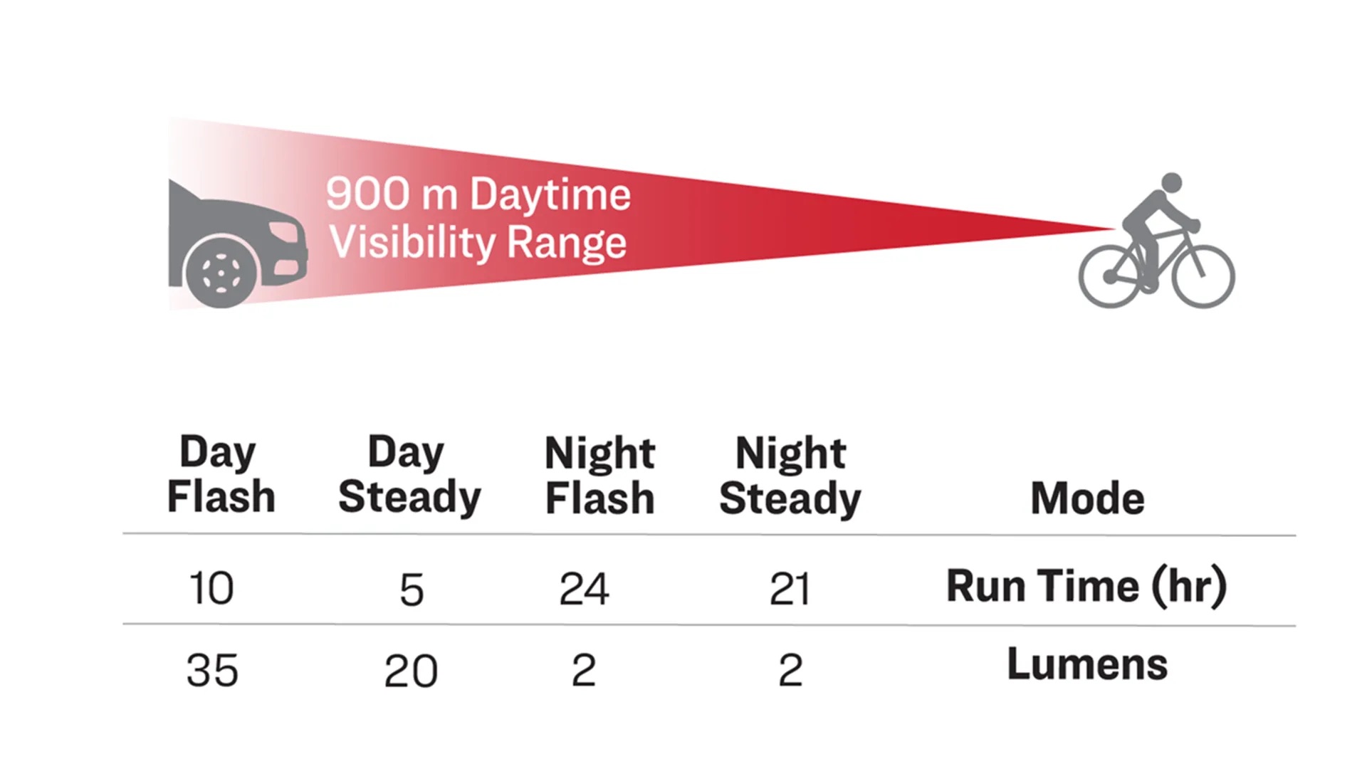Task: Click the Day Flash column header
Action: pyautogui.click(x=221, y=474)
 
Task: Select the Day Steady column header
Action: pyautogui.click(x=409, y=474)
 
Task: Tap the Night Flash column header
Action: pyautogui.click(x=599, y=475)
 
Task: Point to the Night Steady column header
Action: pyautogui.click(x=790, y=475)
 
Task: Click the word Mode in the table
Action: pyautogui.click(x=1087, y=498)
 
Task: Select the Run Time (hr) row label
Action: pyautogui.click(x=1086, y=587)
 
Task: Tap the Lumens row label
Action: pyautogui.click(x=1087, y=664)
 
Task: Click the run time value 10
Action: pyautogui.click(x=211, y=589)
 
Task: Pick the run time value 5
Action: pyautogui.click(x=412, y=590)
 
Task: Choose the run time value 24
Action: pyautogui.click(x=584, y=589)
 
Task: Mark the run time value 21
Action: pyautogui.click(x=790, y=590)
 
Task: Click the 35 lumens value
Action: pyautogui.click(x=212, y=671)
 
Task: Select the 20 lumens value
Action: pyautogui.click(x=411, y=671)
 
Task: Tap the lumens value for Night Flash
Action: pyautogui.click(x=584, y=670)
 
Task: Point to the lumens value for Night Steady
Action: pyautogui.click(x=790, y=670)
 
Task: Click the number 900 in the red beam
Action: pyautogui.click(x=368, y=193)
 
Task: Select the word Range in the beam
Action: pyautogui.click(x=567, y=244)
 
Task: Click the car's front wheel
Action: pyautogui.click(x=221, y=272)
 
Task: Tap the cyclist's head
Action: pyautogui.click(x=1171, y=183)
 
